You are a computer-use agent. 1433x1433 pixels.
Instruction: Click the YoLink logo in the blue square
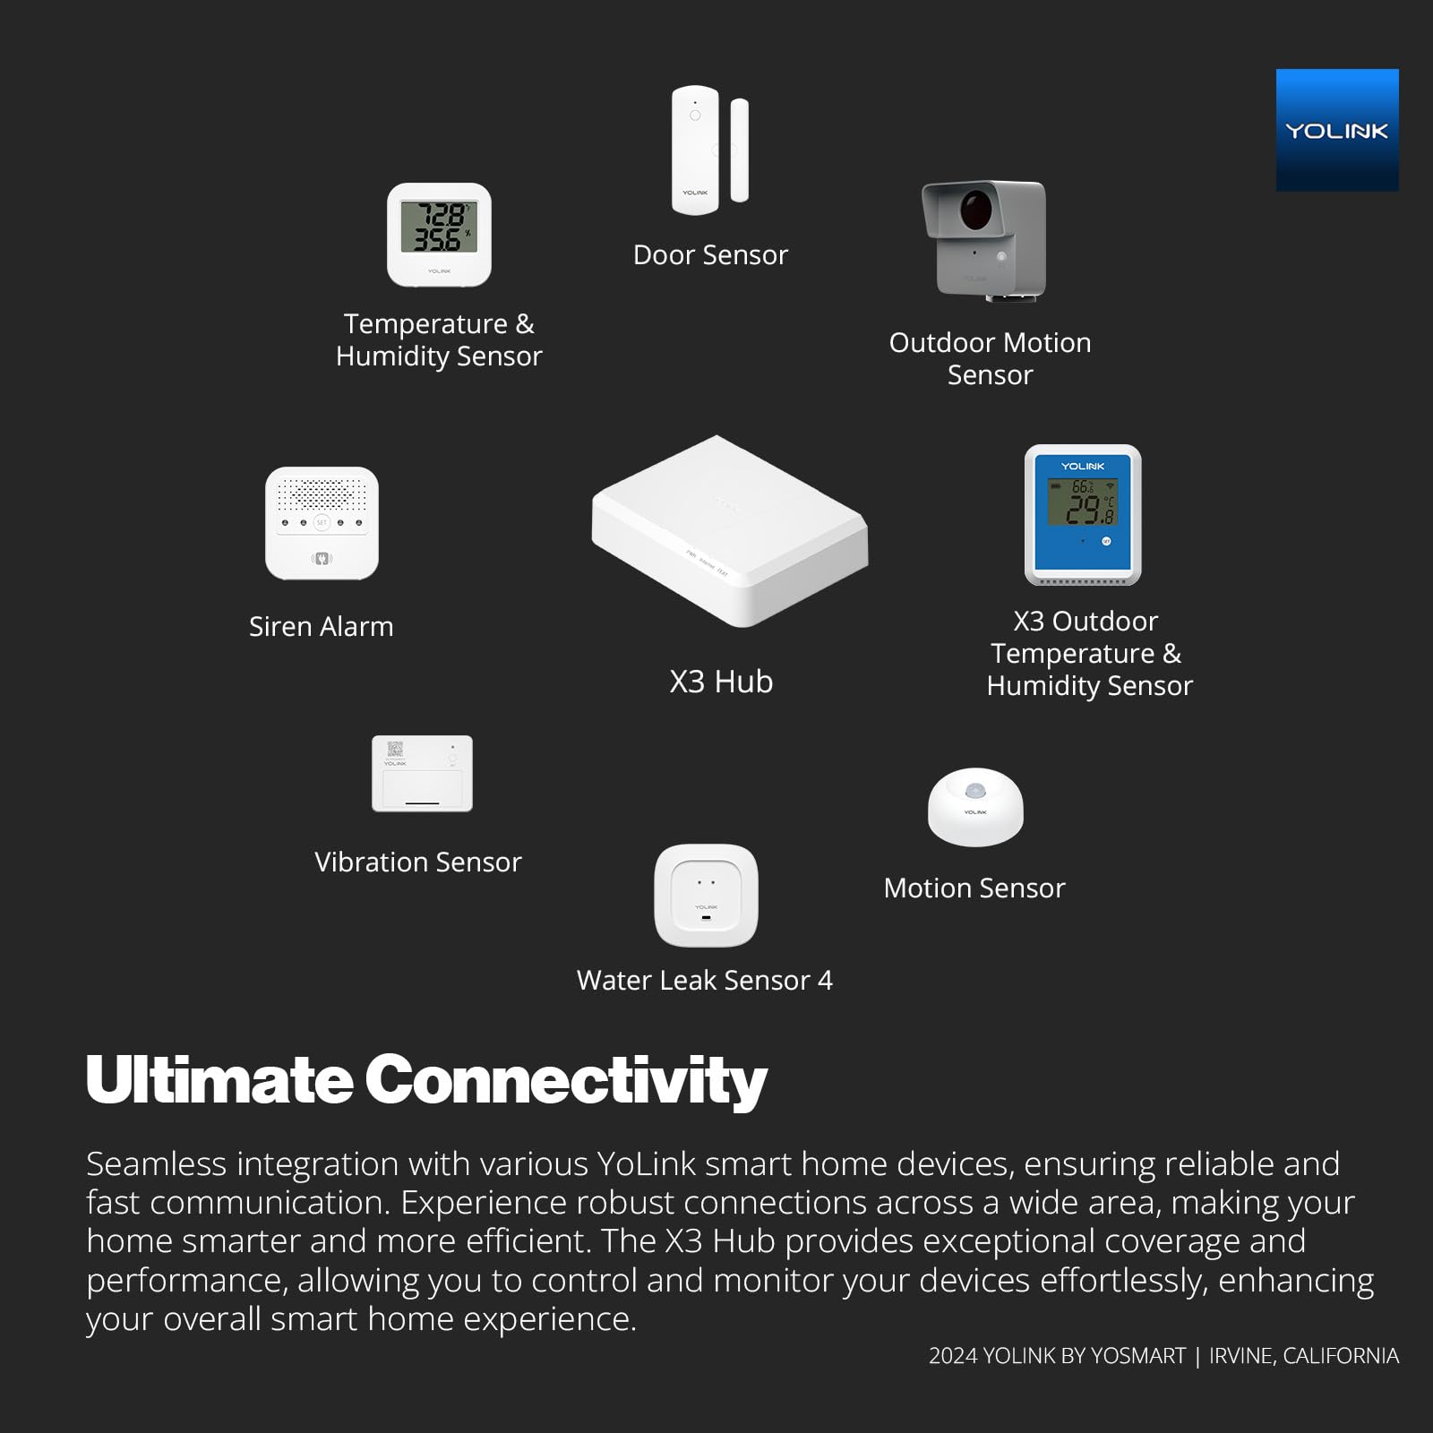click(x=1337, y=131)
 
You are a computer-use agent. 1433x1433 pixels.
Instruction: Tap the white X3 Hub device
click(x=729, y=530)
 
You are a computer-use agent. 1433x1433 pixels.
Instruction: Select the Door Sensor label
click(x=710, y=255)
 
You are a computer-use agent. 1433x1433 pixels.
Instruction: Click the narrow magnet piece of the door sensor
click(x=740, y=150)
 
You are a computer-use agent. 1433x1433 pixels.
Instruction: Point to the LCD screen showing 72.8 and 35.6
click(x=439, y=227)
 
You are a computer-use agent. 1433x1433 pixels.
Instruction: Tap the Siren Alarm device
click(x=322, y=523)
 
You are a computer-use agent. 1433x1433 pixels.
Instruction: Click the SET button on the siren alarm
click(x=322, y=522)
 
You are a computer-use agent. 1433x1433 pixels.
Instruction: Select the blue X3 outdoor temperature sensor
click(x=1083, y=515)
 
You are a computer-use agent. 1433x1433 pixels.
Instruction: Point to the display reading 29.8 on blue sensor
click(x=1083, y=502)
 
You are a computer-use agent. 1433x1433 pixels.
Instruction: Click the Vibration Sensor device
click(x=422, y=774)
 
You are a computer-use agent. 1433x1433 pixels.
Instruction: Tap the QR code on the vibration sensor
click(x=394, y=750)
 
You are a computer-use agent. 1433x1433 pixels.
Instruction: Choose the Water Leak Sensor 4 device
click(x=706, y=896)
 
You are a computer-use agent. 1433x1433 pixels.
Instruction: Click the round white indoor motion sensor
click(x=975, y=807)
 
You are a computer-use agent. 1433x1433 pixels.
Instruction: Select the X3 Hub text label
click(x=721, y=682)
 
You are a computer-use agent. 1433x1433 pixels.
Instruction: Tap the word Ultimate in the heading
click(x=219, y=1079)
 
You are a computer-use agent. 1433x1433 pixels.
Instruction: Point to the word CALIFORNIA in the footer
click(x=1341, y=1356)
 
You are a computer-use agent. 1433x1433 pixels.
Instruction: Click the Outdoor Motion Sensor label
click(x=990, y=358)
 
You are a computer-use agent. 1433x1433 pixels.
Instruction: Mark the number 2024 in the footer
click(x=953, y=1356)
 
